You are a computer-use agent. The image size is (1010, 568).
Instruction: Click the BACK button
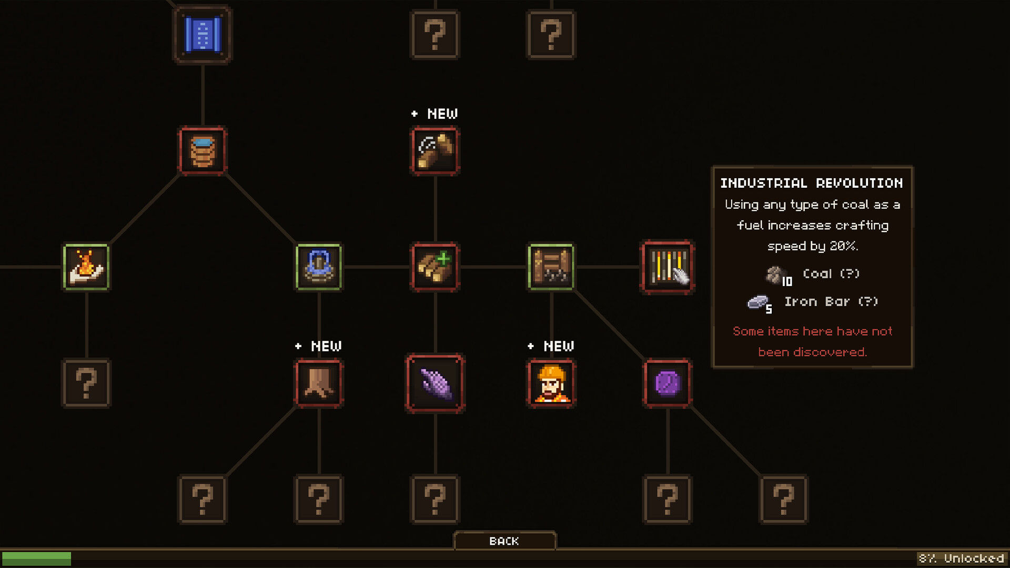click(x=504, y=541)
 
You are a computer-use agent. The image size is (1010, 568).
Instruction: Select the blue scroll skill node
click(x=203, y=35)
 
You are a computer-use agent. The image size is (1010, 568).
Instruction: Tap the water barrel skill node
click(x=203, y=151)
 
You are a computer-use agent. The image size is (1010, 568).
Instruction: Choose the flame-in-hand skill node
click(x=86, y=267)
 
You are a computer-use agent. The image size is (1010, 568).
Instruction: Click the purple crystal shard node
click(x=435, y=383)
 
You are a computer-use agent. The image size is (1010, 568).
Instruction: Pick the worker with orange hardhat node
click(x=551, y=383)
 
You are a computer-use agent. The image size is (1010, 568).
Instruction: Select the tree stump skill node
click(x=319, y=383)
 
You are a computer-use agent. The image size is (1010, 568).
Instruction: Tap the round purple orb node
click(x=668, y=383)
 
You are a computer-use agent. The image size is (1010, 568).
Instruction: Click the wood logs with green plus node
click(x=435, y=267)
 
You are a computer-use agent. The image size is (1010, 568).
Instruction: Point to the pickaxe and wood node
click(x=435, y=151)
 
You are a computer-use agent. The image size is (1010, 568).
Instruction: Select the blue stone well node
click(x=319, y=267)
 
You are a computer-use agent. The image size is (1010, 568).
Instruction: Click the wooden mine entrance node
click(x=551, y=267)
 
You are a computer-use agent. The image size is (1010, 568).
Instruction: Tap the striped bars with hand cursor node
click(x=668, y=267)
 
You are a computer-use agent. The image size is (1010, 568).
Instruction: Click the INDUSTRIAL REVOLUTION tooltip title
click(x=812, y=183)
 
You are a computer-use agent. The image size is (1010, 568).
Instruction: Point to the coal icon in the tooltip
click(x=774, y=274)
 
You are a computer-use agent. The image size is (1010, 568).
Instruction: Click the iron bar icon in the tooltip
click(x=758, y=302)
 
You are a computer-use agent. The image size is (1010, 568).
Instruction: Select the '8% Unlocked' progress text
click(x=961, y=558)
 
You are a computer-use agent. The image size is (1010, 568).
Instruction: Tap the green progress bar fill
click(x=36, y=558)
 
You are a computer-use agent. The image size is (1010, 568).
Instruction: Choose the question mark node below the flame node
click(x=86, y=383)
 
